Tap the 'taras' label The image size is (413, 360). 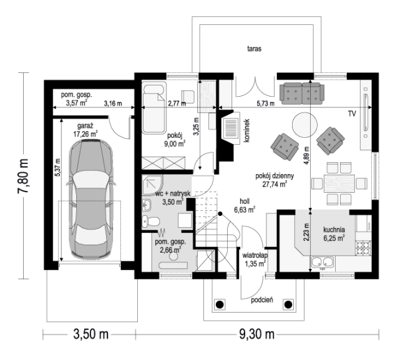[254, 49]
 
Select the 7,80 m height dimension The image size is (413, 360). [23, 176]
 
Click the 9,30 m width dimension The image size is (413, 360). [257, 334]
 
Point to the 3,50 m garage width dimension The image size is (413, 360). [90, 334]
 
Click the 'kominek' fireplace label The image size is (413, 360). [246, 130]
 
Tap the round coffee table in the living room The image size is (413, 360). [304, 125]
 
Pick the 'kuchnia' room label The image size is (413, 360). [334, 230]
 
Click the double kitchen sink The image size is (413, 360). [322, 262]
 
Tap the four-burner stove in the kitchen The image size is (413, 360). [363, 248]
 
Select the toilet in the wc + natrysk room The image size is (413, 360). [151, 221]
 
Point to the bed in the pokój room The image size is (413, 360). [154, 108]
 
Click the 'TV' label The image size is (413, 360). [352, 114]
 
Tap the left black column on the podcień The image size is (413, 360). [220, 304]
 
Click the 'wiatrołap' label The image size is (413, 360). [255, 255]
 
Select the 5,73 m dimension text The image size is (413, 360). [266, 104]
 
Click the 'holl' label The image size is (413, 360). [245, 202]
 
